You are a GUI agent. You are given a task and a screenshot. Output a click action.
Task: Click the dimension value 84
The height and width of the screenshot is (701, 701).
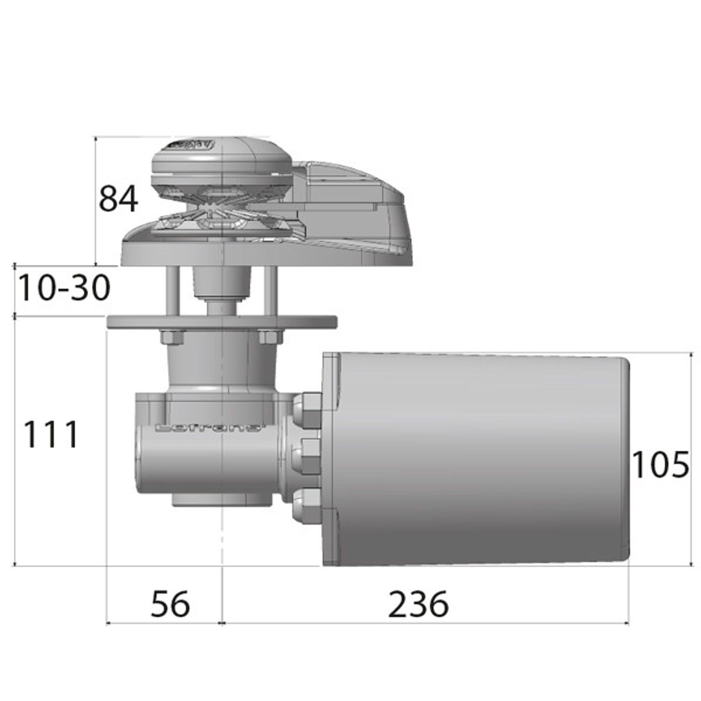click(x=118, y=199)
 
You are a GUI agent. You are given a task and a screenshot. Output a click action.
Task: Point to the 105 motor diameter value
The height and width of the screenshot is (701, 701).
click(x=659, y=465)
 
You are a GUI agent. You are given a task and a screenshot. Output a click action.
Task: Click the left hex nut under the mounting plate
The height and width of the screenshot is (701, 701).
click(x=172, y=337)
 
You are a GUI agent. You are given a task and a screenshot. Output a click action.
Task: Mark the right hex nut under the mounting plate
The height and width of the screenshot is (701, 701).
click(x=270, y=337)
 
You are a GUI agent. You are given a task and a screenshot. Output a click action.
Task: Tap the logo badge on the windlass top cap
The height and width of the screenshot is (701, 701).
click(x=192, y=145)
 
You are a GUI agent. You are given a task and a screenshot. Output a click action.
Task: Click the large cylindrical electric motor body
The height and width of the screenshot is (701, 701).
click(x=481, y=458)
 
